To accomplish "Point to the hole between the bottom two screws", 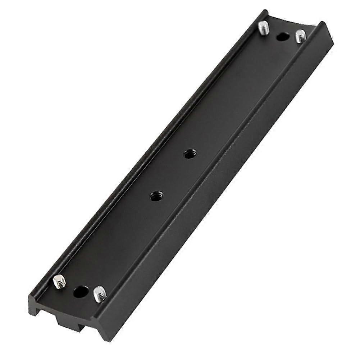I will (x=80, y=291).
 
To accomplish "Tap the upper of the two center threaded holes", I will (x=188, y=155).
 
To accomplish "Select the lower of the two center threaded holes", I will (x=156, y=196).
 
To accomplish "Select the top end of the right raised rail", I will (x=322, y=24).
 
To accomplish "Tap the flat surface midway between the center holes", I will (x=172, y=176).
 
